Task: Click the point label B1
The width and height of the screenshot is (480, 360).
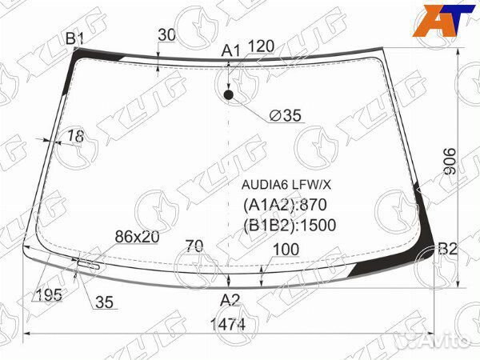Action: pyautogui.click(x=74, y=38)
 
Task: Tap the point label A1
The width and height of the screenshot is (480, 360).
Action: pyautogui.click(x=231, y=50)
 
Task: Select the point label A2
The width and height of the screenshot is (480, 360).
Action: pyautogui.click(x=230, y=300)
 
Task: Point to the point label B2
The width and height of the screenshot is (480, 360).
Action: pyautogui.click(x=447, y=249)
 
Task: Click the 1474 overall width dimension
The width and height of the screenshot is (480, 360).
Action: pyautogui.click(x=228, y=325)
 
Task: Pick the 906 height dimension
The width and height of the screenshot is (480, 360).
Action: pyautogui.click(x=450, y=162)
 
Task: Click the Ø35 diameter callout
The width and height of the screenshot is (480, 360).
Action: pyautogui.click(x=286, y=115)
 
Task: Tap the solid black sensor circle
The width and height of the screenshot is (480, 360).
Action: pyautogui.click(x=228, y=95)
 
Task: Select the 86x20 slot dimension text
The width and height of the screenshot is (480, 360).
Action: pyautogui.click(x=137, y=236)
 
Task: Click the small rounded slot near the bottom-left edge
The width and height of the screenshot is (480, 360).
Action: pyautogui.click(x=88, y=265)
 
